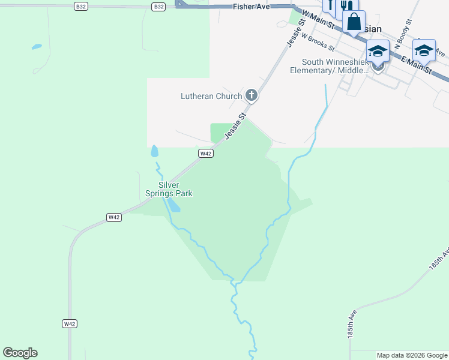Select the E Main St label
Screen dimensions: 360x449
(417, 64)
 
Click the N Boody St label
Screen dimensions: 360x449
(402, 29)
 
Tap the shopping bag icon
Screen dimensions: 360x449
(354, 23)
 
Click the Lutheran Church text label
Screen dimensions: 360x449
(212, 96)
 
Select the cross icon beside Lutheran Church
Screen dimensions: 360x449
(251, 95)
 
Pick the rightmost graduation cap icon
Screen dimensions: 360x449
(424, 50)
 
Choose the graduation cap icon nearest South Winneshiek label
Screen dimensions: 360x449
(378, 52)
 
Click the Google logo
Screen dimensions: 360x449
(20, 353)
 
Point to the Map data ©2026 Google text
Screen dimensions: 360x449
(412, 355)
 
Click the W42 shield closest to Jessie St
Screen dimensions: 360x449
(206, 154)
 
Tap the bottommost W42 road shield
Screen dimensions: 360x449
(70, 323)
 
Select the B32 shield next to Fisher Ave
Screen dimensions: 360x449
(158, 7)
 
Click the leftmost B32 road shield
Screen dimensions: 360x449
(81, 7)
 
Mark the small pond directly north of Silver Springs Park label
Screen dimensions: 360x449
(154, 151)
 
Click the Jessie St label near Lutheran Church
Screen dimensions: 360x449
(237, 126)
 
